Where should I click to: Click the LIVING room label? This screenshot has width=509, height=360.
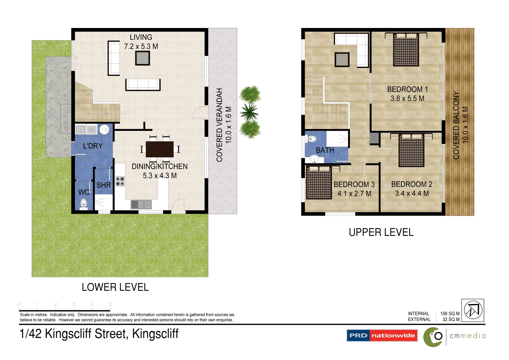[x=141, y=37]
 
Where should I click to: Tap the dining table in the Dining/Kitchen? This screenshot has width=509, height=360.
[x=160, y=149]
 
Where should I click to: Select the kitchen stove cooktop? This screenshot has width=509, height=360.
[x=120, y=181]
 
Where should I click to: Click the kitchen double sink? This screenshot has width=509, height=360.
[x=141, y=204]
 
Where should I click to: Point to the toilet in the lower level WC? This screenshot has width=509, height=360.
[x=83, y=203]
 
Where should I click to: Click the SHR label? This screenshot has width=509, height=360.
[x=104, y=185]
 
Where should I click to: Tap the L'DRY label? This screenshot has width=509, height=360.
[x=93, y=146]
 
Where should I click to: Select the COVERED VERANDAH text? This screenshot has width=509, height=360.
[x=219, y=125]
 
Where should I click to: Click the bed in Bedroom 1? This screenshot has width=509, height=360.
[x=406, y=50]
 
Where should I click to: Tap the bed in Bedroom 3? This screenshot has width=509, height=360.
[x=319, y=182]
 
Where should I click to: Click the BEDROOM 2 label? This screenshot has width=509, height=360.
[x=412, y=184]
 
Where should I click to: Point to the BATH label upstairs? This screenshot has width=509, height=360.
[x=325, y=150]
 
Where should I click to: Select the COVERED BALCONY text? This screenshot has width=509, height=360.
[x=456, y=125]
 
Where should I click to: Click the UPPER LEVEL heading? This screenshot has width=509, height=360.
[x=381, y=232]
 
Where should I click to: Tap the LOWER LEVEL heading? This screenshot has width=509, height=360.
[x=115, y=287]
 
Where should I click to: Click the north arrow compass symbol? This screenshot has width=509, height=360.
[x=473, y=310]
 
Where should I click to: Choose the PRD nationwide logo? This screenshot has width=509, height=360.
[x=382, y=335]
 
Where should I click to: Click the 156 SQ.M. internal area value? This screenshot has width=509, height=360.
[x=450, y=314]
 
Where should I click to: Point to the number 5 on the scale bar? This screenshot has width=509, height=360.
[x=110, y=304]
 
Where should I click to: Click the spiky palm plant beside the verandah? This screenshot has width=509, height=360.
[x=249, y=112]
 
